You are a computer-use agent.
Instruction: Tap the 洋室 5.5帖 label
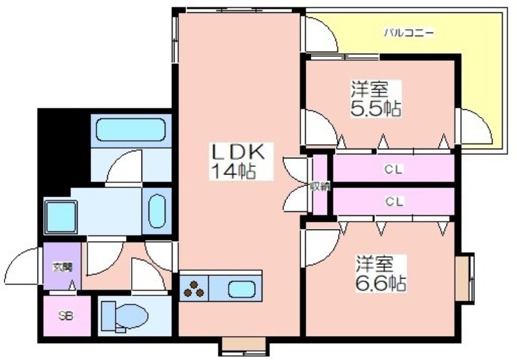[376, 98]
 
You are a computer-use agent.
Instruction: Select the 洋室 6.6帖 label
[381, 273]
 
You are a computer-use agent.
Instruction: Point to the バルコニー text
[409, 33]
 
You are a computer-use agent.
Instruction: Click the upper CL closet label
[394, 169]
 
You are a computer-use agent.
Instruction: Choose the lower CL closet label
[394, 201]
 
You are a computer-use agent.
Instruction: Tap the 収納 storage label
[319, 187]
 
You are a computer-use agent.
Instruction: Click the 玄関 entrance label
[62, 266]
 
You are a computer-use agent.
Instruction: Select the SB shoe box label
[66, 316]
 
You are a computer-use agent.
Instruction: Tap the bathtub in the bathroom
[131, 129]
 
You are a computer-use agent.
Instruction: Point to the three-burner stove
[193, 289]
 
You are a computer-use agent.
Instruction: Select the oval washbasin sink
[157, 211]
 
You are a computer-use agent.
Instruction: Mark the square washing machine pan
[61, 217]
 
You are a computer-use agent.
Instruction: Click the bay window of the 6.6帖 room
[465, 277]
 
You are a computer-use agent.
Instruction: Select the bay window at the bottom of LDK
[244, 346]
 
